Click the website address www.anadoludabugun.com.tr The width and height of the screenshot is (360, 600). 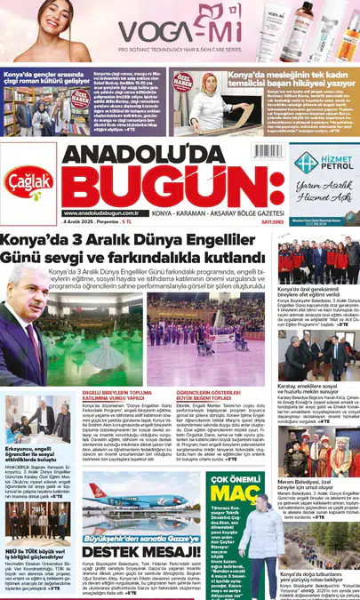click(x=100, y=213)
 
